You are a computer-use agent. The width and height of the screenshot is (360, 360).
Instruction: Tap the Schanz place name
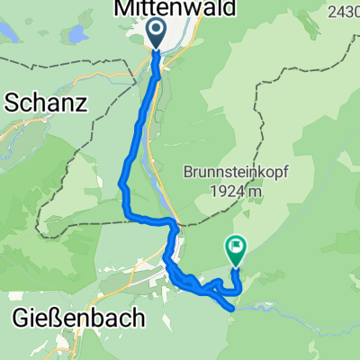(x=46, y=103)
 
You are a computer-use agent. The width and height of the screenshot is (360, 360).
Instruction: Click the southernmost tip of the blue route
(x=234, y=308)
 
